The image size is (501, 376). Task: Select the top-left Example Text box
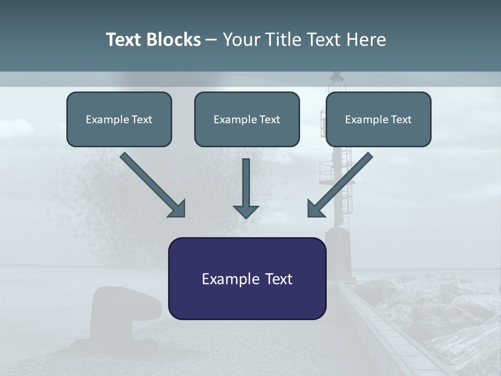119,119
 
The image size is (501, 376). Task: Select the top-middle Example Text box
247,119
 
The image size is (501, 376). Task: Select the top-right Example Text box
378,119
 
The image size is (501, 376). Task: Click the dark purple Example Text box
247,278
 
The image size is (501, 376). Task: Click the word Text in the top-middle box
269,120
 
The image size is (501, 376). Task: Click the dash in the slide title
211,40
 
